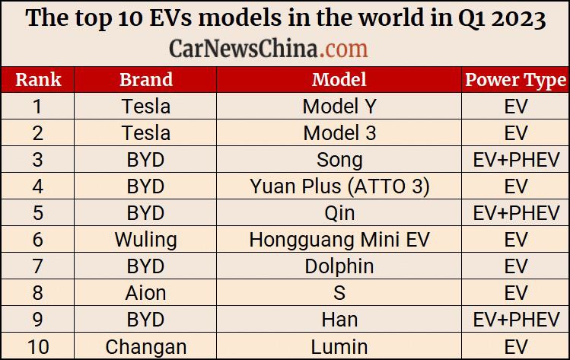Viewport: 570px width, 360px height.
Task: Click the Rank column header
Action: (38, 80)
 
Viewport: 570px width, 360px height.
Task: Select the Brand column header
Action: (146, 80)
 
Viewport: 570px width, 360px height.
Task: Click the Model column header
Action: (339, 80)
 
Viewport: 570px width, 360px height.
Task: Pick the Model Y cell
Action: (339, 107)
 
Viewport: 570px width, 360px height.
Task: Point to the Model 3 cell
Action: (339, 133)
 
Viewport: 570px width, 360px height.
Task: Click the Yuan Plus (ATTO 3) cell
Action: (339, 186)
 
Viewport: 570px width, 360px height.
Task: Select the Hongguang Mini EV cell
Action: (339, 240)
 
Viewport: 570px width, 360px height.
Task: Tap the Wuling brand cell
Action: (146, 240)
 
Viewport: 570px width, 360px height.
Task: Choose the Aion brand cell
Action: (146, 293)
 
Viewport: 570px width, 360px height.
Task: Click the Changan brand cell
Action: (146, 347)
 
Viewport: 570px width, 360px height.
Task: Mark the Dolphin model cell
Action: (339, 266)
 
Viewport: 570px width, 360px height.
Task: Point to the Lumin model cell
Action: (339, 346)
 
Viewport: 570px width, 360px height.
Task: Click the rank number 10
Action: (38, 346)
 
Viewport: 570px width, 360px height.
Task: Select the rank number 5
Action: (38, 213)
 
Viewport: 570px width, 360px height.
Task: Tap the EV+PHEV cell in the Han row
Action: (516, 320)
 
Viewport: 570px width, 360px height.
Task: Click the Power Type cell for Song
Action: (516, 160)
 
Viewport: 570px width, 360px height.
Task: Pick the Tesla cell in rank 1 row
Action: (146, 107)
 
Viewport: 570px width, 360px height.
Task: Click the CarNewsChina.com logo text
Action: (269, 49)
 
